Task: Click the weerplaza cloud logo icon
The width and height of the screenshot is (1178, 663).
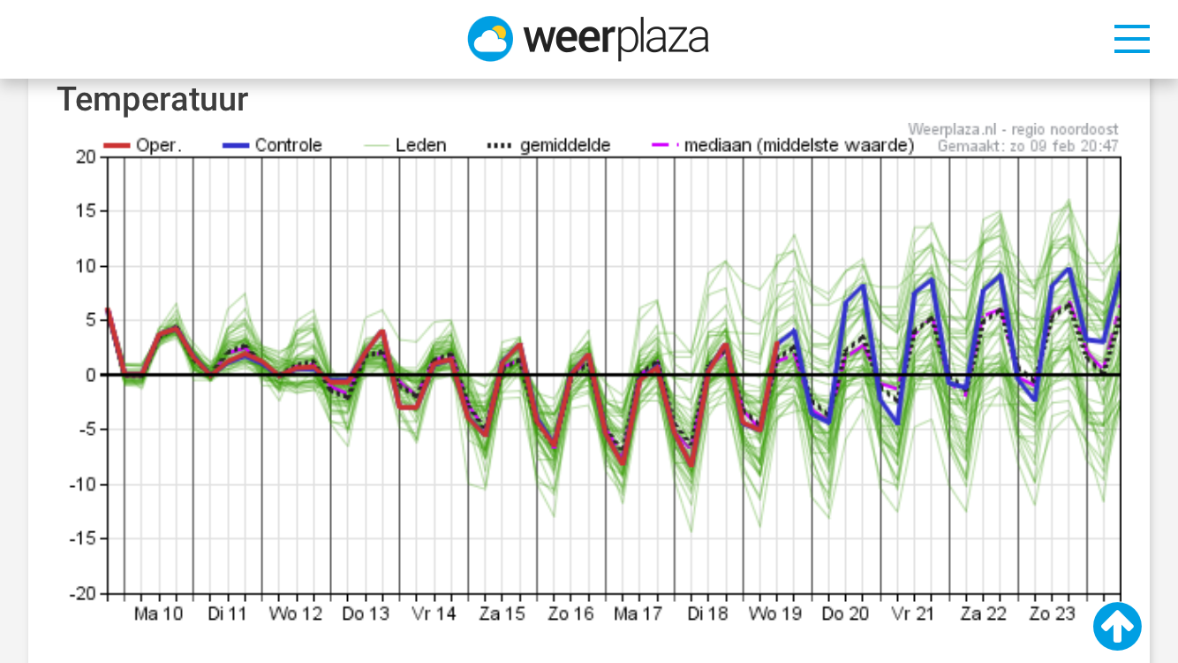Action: coord(490,39)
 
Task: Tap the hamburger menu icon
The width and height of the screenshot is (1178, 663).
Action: coord(1131,39)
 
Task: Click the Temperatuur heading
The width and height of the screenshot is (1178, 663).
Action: coord(153,100)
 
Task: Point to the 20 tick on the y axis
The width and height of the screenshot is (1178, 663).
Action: coord(86,157)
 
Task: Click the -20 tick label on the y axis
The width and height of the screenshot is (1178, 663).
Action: coord(83,594)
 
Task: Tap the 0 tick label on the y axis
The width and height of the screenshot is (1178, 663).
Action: coord(90,376)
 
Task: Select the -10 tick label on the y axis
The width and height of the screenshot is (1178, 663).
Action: coord(83,484)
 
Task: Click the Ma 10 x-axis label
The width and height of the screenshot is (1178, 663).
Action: coord(159,613)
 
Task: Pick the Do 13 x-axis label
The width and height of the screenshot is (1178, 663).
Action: coord(366,613)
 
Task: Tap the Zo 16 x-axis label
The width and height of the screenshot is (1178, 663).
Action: coord(571,613)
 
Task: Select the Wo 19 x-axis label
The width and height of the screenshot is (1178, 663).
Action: coord(775,613)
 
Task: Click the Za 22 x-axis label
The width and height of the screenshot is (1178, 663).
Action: coord(984,613)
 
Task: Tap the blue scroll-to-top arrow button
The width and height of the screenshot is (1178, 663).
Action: coord(1117,626)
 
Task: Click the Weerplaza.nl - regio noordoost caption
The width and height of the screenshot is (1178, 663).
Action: coord(1013,130)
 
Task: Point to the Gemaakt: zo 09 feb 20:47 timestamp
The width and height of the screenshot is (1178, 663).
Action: coord(1028,146)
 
